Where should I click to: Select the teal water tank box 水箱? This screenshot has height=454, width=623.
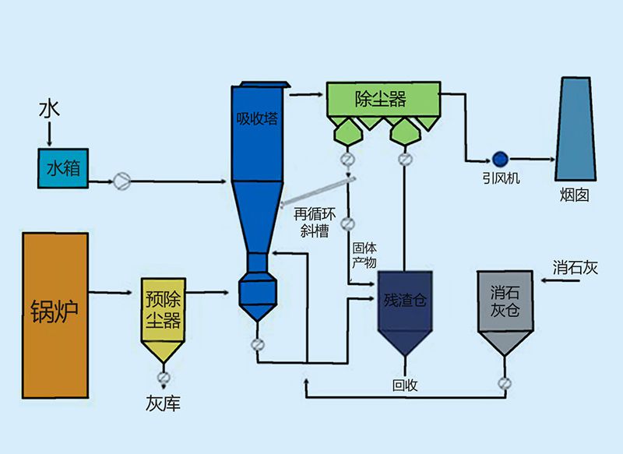63,168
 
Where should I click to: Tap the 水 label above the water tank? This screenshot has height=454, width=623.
48,110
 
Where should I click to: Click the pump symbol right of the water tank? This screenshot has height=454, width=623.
122,181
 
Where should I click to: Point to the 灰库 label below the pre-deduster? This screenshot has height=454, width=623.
163,404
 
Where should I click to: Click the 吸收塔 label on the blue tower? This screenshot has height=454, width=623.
256,119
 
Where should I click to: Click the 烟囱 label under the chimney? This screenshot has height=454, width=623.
575,195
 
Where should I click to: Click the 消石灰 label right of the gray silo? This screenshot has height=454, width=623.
575,267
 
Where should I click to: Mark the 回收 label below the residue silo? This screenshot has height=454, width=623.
406,385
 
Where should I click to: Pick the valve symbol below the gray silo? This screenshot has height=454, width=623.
505,383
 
